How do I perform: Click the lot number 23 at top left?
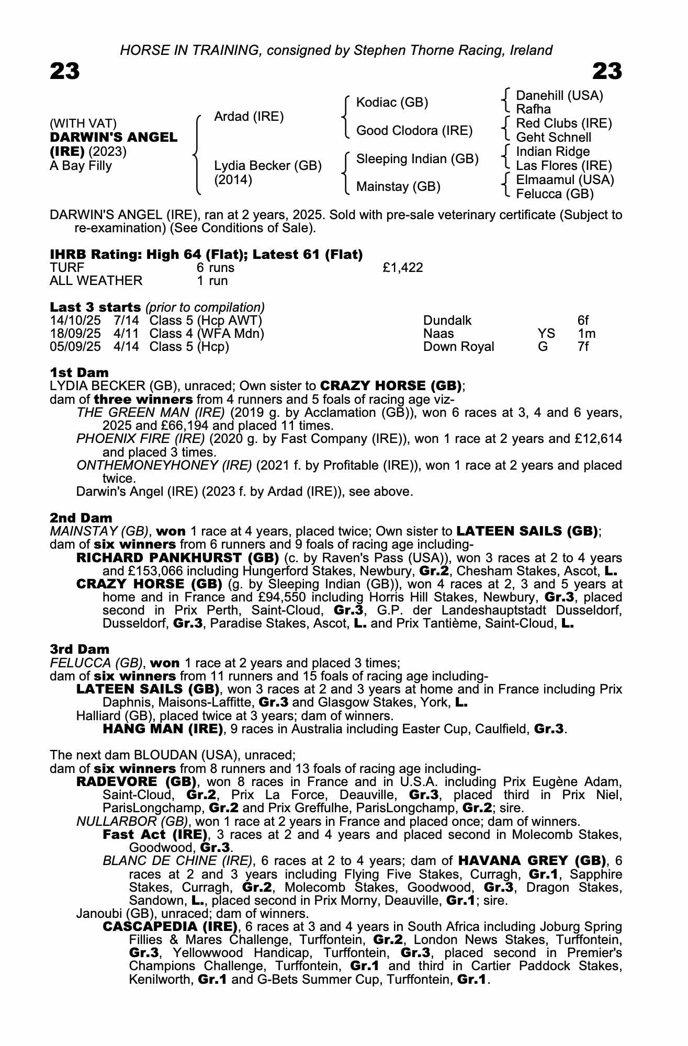pyautogui.click(x=65, y=71)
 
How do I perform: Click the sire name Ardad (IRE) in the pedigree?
pyautogui.click(x=249, y=117)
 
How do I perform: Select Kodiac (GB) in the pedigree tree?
pyautogui.click(x=392, y=103)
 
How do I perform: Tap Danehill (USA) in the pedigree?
pyautogui.click(x=559, y=96)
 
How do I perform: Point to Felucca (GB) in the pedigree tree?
pyautogui.click(x=555, y=194)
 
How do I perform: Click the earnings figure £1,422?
pyautogui.click(x=402, y=268)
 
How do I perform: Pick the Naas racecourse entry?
pyautogui.click(x=438, y=334)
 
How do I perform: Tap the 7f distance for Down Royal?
pyautogui.click(x=583, y=347)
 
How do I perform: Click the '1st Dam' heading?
pyautogui.click(x=79, y=372)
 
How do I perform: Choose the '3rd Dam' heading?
pyautogui.click(x=80, y=649)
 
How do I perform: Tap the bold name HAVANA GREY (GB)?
pyautogui.click(x=532, y=860)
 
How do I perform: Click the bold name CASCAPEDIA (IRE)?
pyautogui.click(x=170, y=927)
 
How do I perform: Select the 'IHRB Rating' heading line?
pyautogui.click(x=206, y=254)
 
